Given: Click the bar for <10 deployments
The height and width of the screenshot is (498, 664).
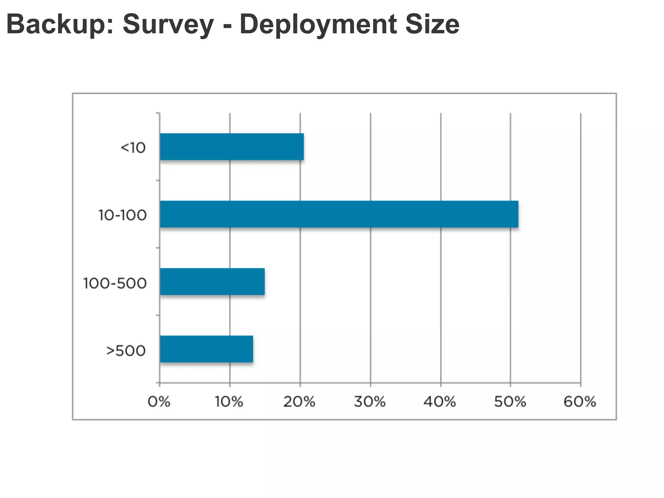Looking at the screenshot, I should pos(232,147).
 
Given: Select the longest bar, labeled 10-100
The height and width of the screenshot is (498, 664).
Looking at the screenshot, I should pos(339,214).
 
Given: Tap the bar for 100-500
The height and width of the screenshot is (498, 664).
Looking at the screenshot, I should pos(212,281).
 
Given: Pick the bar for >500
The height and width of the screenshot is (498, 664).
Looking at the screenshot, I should pos(206,349).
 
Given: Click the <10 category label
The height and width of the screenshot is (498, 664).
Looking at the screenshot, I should pos(133,148).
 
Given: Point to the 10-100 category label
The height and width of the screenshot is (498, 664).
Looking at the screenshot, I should pos(123,215).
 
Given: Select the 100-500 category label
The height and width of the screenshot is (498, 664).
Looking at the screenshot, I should pos(115,283).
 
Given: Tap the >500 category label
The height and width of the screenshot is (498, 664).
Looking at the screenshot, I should pos(126,351).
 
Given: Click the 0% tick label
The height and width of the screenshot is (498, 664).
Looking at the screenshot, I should pos(159,402).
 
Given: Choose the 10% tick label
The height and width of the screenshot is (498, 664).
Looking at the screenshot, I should pos(229,402).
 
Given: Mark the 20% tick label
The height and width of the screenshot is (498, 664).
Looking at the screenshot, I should pos(299,402).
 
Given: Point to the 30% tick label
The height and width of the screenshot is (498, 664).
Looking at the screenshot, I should pos(370,402).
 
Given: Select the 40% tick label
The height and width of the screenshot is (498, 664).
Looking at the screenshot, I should pos(440,402).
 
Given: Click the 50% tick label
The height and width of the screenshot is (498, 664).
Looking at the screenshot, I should pos(510,402).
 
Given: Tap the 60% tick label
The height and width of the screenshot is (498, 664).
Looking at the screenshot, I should pos(580,402).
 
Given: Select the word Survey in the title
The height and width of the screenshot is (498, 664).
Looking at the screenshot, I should pos(168,24).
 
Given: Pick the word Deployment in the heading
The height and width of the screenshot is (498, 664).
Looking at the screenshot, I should pos(318,24).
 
